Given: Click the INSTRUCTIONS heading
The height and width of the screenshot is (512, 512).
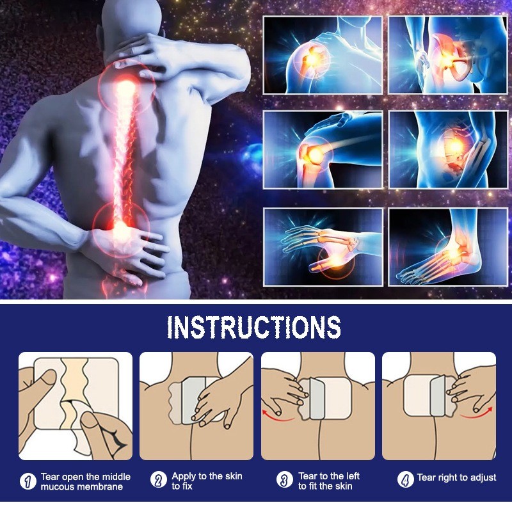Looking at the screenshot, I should [254, 327].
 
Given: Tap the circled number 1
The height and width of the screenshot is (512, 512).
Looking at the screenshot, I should [28, 481].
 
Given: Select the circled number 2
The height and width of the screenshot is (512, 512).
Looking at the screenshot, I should [158, 480].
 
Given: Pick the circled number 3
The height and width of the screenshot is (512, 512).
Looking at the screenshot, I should [285, 480].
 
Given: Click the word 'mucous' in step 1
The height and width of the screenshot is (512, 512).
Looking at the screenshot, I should [57, 487].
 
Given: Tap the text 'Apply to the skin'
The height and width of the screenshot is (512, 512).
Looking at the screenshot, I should [206, 476].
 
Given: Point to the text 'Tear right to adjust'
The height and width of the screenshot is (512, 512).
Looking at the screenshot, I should [456, 477].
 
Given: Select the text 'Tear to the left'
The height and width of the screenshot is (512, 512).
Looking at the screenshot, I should [329, 476].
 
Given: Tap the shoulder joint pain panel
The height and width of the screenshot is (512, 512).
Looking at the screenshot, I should [323, 56].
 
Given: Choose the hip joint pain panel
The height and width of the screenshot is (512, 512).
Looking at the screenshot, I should [448, 56].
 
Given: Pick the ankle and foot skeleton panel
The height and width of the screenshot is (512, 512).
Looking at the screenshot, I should [448, 246].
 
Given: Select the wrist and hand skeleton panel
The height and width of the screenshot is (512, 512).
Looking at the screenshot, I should [323, 246].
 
